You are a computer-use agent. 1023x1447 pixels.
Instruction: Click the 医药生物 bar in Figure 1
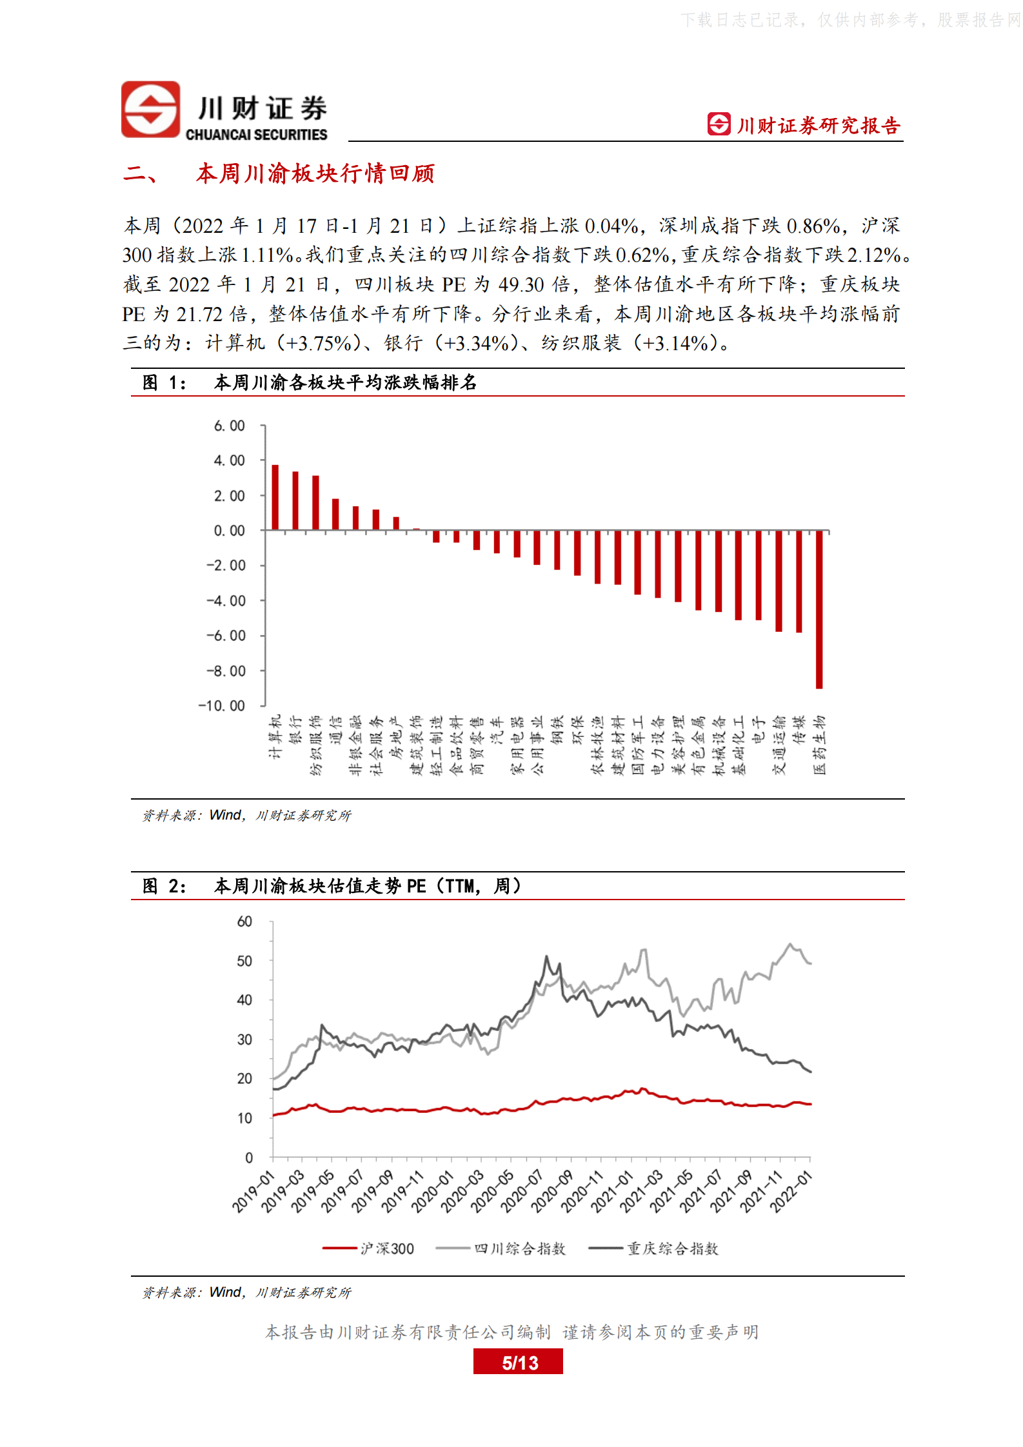tap(819, 609)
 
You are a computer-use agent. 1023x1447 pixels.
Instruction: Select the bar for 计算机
tap(275, 497)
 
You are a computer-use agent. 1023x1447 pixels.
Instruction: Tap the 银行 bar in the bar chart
tap(295, 500)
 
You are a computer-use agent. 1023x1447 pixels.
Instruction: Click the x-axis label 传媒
tap(799, 729)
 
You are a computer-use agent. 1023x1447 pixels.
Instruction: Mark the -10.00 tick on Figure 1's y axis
tap(223, 706)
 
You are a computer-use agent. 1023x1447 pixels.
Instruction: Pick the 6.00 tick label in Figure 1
tap(230, 426)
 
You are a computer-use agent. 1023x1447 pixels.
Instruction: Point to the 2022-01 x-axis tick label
tap(790, 1192)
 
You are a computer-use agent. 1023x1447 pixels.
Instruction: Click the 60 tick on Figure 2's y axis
tap(244, 921)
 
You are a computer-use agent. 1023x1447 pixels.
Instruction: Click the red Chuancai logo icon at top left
tap(151, 110)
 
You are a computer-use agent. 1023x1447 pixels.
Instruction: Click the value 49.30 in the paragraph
tap(521, 284)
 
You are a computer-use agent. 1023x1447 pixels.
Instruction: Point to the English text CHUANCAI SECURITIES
tap(256, 135)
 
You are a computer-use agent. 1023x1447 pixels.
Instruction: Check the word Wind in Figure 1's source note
tap(225, 815)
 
